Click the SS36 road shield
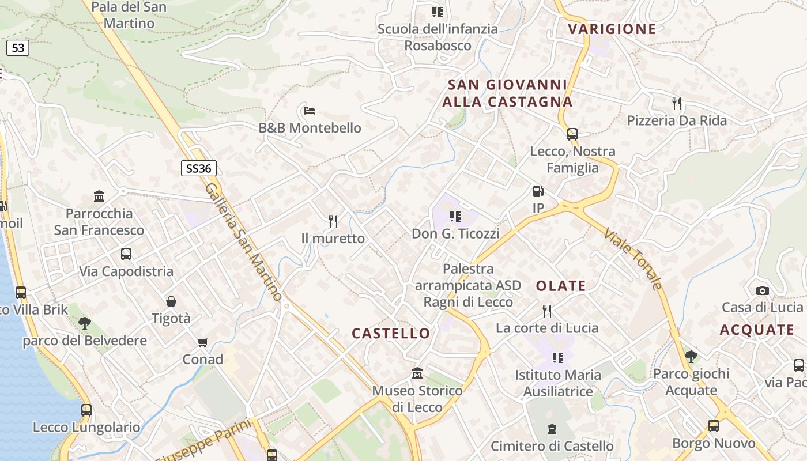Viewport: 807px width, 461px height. coord(199,168)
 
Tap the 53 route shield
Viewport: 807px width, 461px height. coord(18,48)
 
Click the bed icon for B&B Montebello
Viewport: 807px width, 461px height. coord(309,110)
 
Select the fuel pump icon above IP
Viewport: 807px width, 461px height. coord(538,191)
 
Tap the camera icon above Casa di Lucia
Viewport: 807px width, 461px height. coord(762,290)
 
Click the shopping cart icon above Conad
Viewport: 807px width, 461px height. coord(202,343)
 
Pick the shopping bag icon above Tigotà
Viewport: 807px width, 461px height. coord(171,301)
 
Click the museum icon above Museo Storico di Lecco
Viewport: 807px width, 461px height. coord(417,374)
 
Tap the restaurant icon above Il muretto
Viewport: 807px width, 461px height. coord(333,221)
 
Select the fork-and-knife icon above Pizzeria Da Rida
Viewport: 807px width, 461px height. coord(677,104)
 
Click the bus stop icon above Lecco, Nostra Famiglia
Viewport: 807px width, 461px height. coord(572,134)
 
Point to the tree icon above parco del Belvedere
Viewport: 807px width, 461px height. coord(85,323)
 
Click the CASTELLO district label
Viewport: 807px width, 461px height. coord(391,334)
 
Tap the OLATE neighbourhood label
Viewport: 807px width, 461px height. coord(561,286)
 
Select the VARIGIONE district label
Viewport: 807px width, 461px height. coord(612,29)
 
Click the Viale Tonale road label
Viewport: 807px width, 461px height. coord(633,259)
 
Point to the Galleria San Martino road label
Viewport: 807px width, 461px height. coord(244,242)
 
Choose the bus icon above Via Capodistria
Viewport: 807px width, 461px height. coord(126,254)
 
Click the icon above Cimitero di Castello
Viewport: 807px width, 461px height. coord(552,429)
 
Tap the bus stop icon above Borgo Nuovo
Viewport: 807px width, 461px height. coord(714,426)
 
